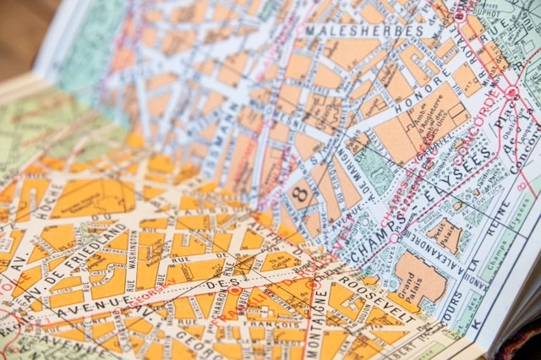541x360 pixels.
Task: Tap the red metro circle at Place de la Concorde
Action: (x=511, y=91)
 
